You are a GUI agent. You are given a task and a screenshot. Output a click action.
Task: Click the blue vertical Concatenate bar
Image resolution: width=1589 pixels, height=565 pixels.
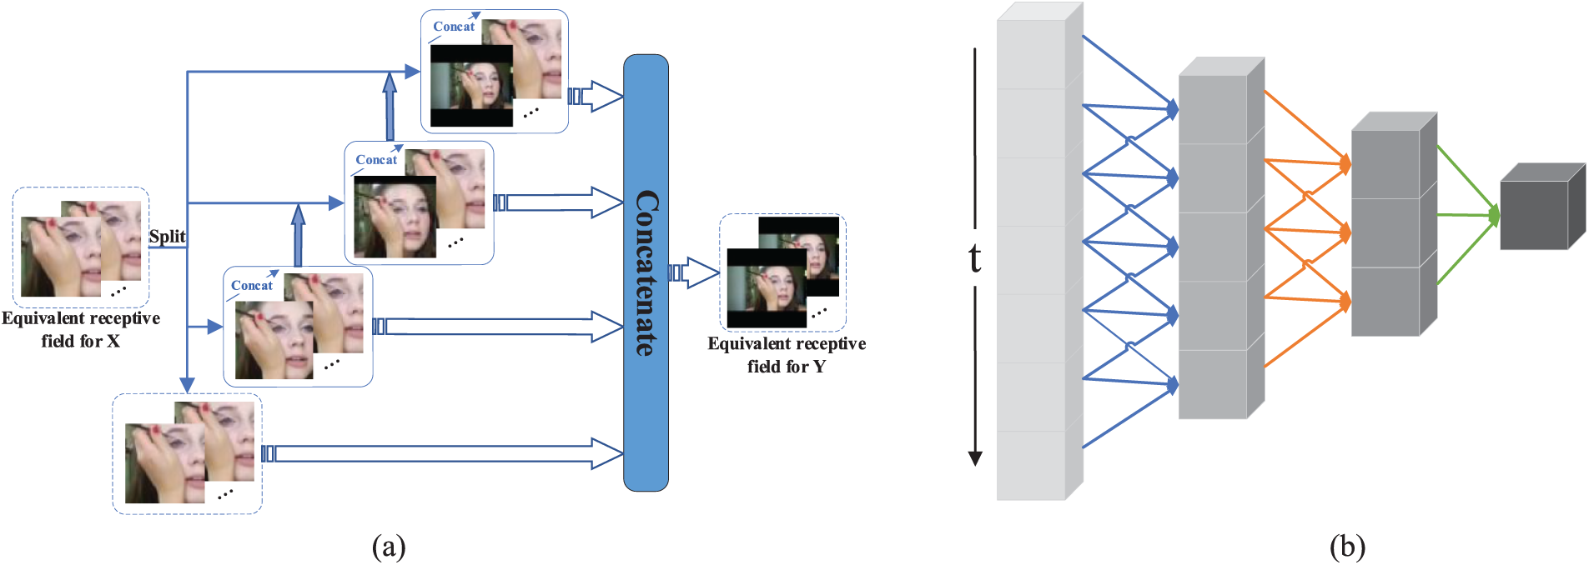[x=646, y=272]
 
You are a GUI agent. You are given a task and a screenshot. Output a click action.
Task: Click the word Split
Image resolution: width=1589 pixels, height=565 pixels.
[x=167, y=237]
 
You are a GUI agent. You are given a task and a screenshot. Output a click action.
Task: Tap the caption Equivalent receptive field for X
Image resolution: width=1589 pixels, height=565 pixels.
[x=81, y=329]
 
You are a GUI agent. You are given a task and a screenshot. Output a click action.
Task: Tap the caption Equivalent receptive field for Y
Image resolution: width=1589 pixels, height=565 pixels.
[x=786, y=355]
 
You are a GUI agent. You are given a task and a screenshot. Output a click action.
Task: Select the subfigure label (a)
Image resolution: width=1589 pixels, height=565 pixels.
[x=389, y=546]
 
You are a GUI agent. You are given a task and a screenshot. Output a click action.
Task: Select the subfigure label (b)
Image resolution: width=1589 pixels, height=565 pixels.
[x=1347, y=546]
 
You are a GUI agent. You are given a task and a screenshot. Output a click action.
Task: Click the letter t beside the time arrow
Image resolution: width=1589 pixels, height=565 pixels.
[x=974, y=258]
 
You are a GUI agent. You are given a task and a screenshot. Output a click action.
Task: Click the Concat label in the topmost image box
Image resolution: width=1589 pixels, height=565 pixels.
[x=454, y=27]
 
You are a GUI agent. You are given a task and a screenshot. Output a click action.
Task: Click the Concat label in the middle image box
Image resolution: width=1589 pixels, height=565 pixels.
[x=376, y=160]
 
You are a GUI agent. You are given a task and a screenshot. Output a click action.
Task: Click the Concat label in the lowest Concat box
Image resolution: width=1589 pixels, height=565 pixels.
[x=252, y=286]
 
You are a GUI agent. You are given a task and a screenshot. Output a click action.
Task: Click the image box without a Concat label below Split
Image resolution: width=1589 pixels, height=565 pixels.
[x=188, y=453]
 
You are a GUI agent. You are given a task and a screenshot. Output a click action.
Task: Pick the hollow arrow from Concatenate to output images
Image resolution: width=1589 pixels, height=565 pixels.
[x=694, y=272]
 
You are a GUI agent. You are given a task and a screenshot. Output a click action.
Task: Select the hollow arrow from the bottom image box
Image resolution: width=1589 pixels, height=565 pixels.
[x=442, y=453]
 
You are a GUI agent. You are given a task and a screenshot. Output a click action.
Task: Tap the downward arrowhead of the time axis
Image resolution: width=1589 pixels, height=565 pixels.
[x=974, y=457]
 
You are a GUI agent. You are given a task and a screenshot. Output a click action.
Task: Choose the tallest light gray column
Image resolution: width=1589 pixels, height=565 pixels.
[x=1031, y=258]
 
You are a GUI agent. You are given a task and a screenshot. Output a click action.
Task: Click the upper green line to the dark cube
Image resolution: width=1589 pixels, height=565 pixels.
[x=1464, y=179]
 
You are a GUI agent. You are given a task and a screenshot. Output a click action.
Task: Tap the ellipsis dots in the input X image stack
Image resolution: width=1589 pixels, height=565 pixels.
[x=118, y=291]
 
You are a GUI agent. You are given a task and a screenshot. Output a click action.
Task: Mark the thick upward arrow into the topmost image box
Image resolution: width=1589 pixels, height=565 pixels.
[x=389, y=107]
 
